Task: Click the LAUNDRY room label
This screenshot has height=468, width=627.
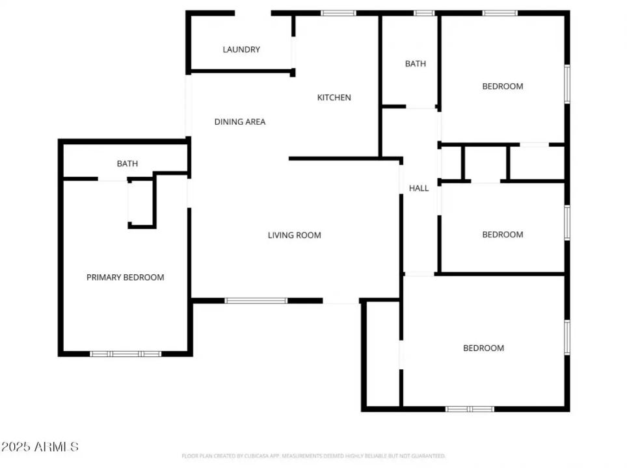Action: click(241, 49)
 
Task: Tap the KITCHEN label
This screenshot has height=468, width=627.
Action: click(334, 97)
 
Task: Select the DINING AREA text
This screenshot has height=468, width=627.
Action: click(240, 122)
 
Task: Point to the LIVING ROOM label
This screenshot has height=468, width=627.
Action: click(295, 235)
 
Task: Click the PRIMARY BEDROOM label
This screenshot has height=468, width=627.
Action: click(126, 278)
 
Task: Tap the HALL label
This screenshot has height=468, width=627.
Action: click(419, 188)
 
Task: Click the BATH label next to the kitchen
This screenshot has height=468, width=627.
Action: click(416, 64)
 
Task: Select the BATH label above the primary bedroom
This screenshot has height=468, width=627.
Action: click(127, 164)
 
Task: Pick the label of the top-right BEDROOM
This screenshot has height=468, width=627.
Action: click(502, 86)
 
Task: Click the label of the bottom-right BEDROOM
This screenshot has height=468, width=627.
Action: click(483, 348)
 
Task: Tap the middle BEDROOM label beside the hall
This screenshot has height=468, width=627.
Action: click(502, 235)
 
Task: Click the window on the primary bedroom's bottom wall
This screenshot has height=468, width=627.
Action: click(126, 354)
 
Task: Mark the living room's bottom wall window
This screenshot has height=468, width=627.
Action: click(256, 300)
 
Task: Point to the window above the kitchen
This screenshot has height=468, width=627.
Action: click(338, 13)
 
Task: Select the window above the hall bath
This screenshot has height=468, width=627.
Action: click(424, 13)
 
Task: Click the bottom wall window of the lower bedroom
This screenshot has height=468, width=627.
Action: click(470, 409)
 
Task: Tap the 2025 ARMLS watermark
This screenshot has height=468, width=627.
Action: click(40, 447)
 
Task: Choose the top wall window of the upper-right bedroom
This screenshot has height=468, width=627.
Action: click(500, 13)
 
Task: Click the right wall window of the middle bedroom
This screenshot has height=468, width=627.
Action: click(567, 223)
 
